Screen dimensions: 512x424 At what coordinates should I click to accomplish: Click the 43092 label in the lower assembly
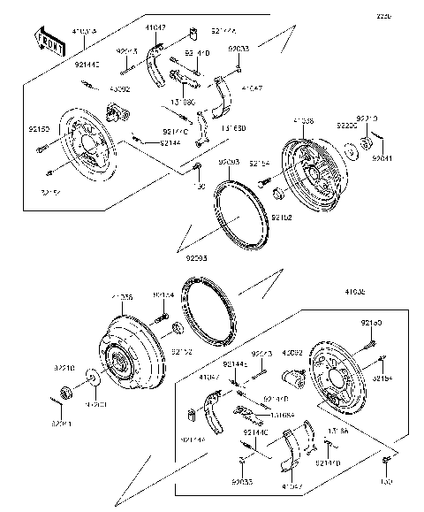tap(292, 352)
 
